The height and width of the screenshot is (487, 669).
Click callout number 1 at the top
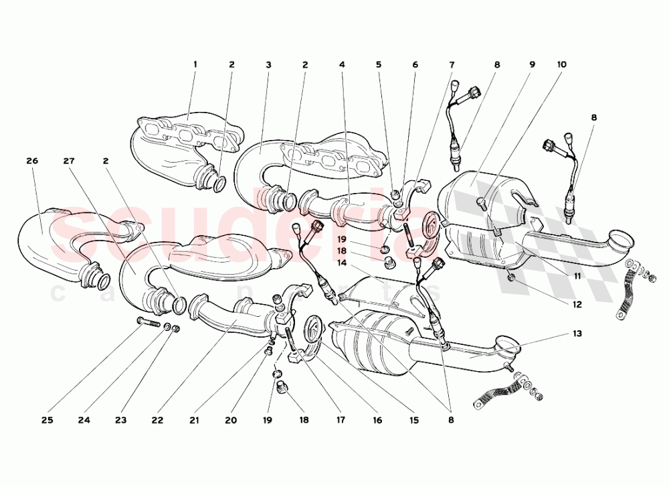pos(195,64)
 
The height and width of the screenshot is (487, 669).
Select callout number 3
pos(268,65)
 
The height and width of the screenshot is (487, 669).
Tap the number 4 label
pos(342,65)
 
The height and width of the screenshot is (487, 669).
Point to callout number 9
pos(533,65)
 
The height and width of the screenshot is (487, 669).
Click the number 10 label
pos(561,65)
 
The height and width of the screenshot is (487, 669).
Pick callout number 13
pos(577,334)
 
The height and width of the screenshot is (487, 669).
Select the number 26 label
pos(31,161)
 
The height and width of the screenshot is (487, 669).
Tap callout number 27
pos(68,161)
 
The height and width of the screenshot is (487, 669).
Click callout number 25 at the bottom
pos(46,421)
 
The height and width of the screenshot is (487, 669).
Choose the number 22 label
pos(157,421)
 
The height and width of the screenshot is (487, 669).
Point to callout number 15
pos(413,421)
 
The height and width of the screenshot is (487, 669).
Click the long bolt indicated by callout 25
pos(148,324)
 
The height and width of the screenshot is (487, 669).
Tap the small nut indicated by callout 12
pos(510,276)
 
